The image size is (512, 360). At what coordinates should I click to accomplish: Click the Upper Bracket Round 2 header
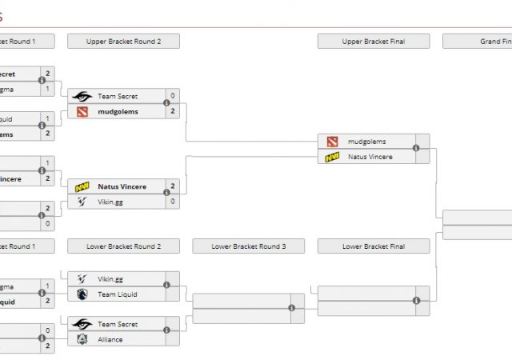coord(123,41)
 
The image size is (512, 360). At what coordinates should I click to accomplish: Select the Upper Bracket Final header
coord(373,41)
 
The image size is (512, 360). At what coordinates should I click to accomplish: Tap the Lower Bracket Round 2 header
coord(123,246)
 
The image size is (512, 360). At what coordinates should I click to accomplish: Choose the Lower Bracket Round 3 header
coord(248,246)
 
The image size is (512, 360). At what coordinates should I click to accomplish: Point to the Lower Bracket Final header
coord(373,246)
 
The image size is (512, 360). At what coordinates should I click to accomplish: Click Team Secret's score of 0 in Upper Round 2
coord(173,96)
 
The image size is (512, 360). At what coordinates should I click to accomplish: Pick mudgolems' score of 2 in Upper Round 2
coord(173,111)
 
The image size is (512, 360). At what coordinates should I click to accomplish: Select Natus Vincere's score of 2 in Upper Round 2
coord(173,186)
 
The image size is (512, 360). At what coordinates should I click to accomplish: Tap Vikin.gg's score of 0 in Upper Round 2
coord(173,202)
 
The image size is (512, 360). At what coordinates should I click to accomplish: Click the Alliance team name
coord(110,339)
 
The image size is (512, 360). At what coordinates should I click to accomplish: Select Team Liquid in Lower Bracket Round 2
coord(118,294)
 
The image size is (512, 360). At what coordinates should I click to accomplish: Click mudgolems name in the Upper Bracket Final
coord(366,142)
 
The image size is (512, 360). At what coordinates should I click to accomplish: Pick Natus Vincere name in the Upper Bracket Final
coord(370,157)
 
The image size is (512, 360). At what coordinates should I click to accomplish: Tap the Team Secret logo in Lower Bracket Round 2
coord(82,324)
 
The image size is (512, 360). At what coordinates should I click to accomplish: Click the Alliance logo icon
coord(82,339)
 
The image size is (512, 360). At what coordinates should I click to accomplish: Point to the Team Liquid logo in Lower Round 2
coord(82,294)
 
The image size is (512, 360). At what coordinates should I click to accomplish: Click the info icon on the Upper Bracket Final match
coord(416,149)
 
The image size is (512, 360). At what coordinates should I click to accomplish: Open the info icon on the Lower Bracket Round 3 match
coord(291,308)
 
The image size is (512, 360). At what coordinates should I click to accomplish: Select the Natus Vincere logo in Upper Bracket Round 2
coord(82,186)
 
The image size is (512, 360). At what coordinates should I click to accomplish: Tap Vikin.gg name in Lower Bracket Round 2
coord(110,279)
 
